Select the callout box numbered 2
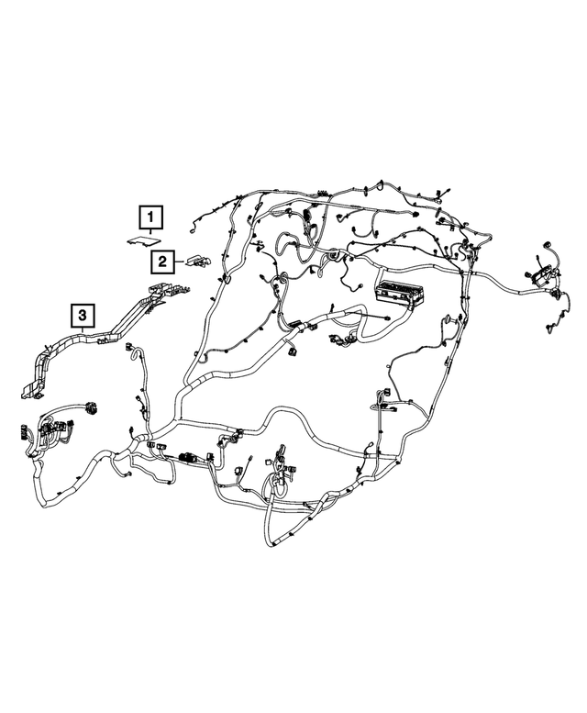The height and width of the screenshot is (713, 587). pos(161,262)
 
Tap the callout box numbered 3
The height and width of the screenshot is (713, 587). pos(83,318)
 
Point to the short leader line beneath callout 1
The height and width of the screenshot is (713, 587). pos(150,234)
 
